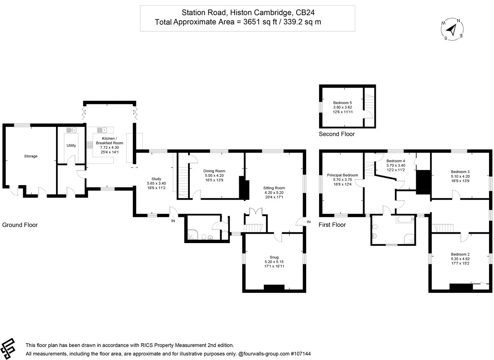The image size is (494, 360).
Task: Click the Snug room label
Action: click(274, 258)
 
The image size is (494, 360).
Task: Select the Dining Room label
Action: click(214, 171)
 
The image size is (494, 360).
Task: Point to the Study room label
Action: click(156, 179)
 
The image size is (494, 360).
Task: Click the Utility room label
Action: click(71, 146)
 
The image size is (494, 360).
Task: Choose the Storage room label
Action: click(31, 156)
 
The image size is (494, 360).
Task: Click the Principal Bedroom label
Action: click(343, 175)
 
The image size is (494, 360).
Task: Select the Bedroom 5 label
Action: click(343, 102)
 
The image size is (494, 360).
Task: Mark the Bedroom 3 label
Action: click(460, 172)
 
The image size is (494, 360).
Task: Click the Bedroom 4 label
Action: click(396, 161)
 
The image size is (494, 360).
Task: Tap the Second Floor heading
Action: click(336, 134)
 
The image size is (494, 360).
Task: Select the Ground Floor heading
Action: click(20, 225)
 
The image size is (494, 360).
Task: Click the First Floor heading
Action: click(332, 225)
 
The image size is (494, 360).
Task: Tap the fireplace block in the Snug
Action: click(274, 288)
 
